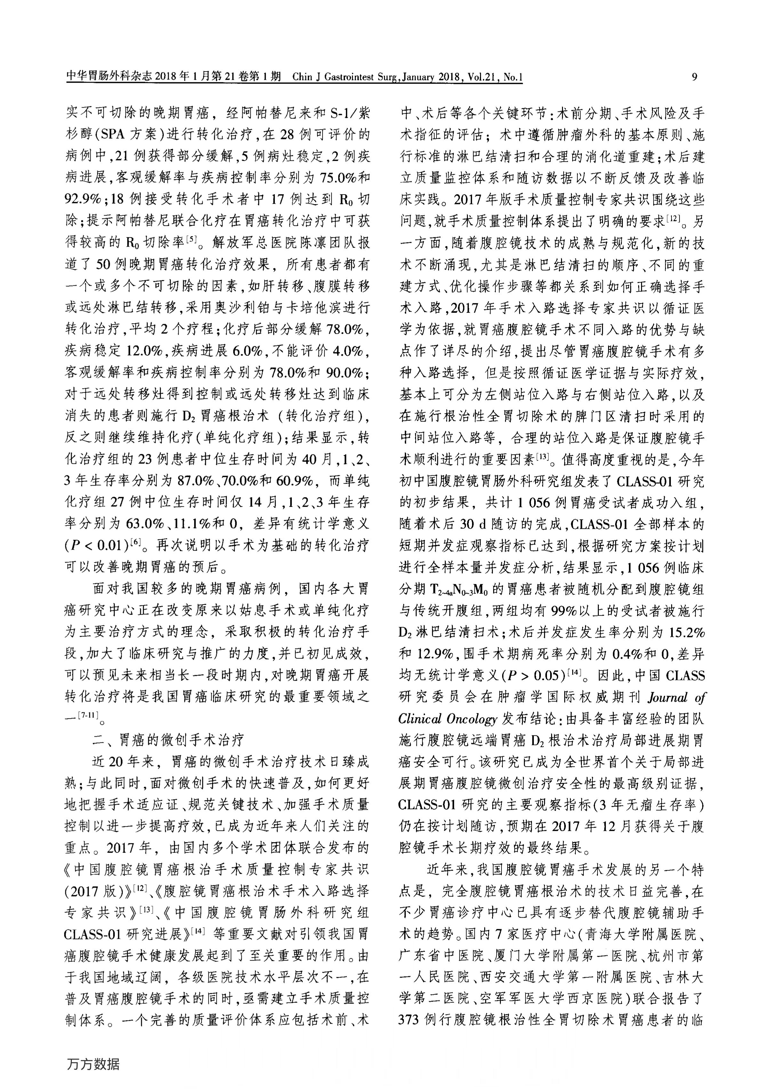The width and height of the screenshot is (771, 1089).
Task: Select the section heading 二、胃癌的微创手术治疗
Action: [x=168, y=740]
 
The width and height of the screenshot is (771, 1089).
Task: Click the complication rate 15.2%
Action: [x=687, y=632]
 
